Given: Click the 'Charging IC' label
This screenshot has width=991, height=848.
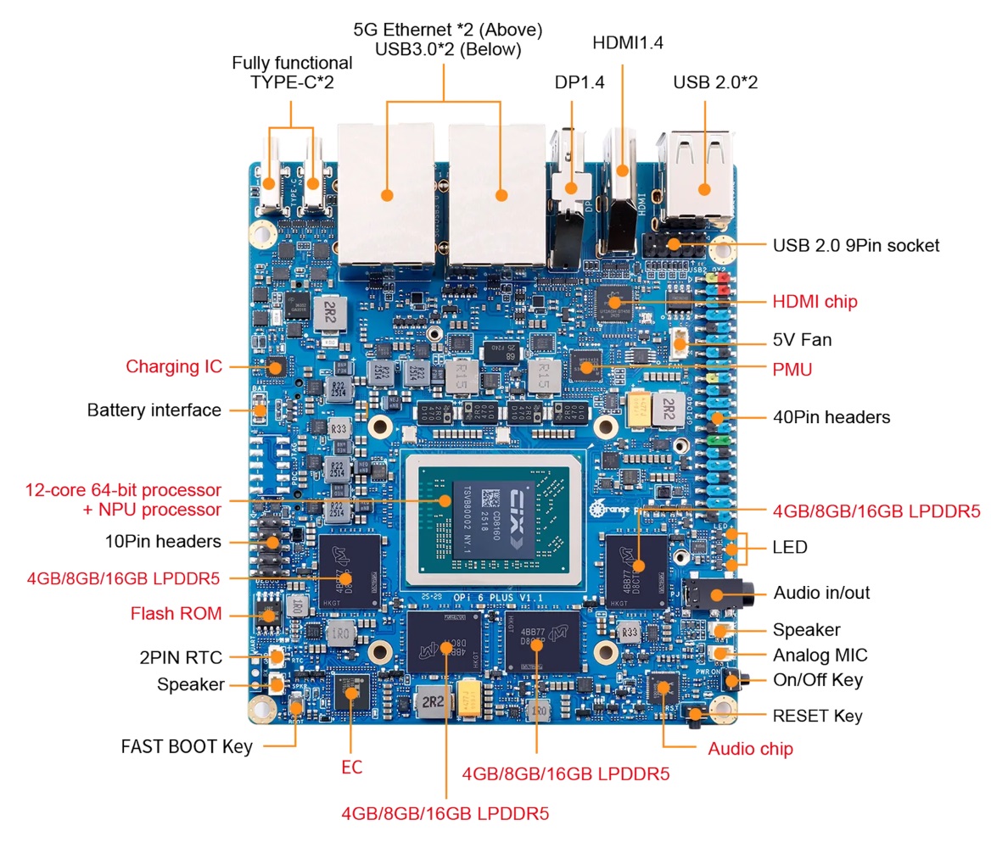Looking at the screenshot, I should [173, 366].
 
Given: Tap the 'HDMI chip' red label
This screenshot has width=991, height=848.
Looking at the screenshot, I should [815, 301].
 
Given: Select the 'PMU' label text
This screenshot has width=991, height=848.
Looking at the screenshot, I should [792, 370].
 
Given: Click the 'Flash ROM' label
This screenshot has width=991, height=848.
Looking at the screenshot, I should [176, 613].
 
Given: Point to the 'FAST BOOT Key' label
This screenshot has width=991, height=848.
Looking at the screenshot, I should [187, 747].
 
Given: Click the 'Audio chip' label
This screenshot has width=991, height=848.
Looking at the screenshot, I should [750, 749].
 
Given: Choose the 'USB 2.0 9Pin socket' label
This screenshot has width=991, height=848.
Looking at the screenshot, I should [855, 245].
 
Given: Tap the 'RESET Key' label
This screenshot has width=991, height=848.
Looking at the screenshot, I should [817, 716].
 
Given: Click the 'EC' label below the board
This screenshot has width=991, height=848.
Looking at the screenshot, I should [351, 767].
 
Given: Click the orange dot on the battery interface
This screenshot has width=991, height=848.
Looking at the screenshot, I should [260, 410].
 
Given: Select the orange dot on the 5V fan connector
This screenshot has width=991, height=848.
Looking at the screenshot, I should [680, 344].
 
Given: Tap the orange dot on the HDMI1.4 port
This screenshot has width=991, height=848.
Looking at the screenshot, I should [623, 170].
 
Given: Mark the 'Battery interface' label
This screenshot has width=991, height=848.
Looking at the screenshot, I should [154, 410].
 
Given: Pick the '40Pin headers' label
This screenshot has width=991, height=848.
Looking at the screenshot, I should [831, 417].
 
